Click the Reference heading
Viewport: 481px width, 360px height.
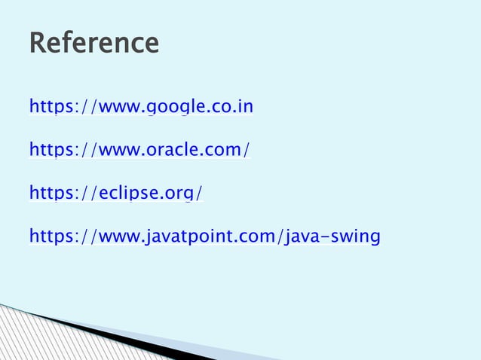coord(93,43)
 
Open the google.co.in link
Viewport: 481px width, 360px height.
coord(141,107)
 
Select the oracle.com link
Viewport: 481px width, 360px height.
coord(139,151)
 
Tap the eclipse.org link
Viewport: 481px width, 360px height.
coord(115,194)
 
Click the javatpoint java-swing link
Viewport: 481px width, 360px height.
coord(204,238)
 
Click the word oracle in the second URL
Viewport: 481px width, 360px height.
coord(170,151)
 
